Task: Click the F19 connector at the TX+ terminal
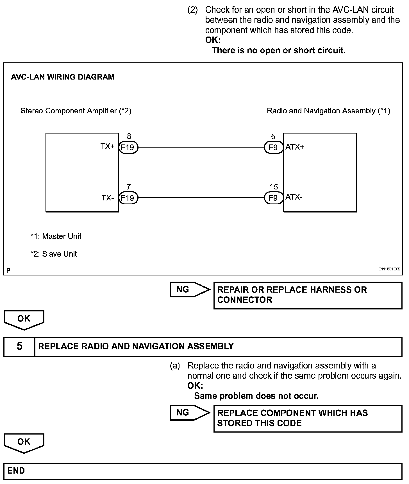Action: point(128,147)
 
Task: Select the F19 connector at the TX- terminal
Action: point(128,198)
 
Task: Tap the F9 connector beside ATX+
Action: point(273,147)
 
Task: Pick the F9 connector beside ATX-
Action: point(273,198)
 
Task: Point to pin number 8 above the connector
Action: point(129,136)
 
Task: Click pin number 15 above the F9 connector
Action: point(274,187)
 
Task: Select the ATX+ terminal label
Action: point(295,147)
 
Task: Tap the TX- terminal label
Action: point(108,198)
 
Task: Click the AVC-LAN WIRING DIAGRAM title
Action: point(62,77)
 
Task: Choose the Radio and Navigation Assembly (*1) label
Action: point(328,111)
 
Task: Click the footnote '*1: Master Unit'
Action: point(56,236)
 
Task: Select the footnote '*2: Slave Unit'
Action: point(54,254)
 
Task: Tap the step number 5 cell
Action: point(19,346)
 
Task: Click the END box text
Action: point(16,471)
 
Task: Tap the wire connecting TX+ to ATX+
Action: point(201,147)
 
